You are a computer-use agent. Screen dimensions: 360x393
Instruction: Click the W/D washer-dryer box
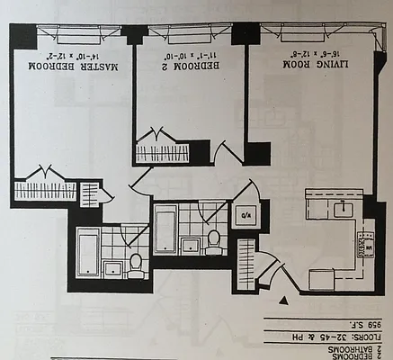[x=245, y=216]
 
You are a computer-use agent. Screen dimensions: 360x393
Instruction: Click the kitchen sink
[x=343, y=210]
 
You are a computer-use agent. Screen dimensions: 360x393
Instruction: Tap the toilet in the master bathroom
[x=136, y=263]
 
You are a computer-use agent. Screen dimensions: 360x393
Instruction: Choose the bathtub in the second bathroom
[x=165, y=229]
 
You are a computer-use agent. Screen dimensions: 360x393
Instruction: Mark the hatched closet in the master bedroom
[x=45, y=191]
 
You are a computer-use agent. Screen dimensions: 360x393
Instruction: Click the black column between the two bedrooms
[x=136, y=34]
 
